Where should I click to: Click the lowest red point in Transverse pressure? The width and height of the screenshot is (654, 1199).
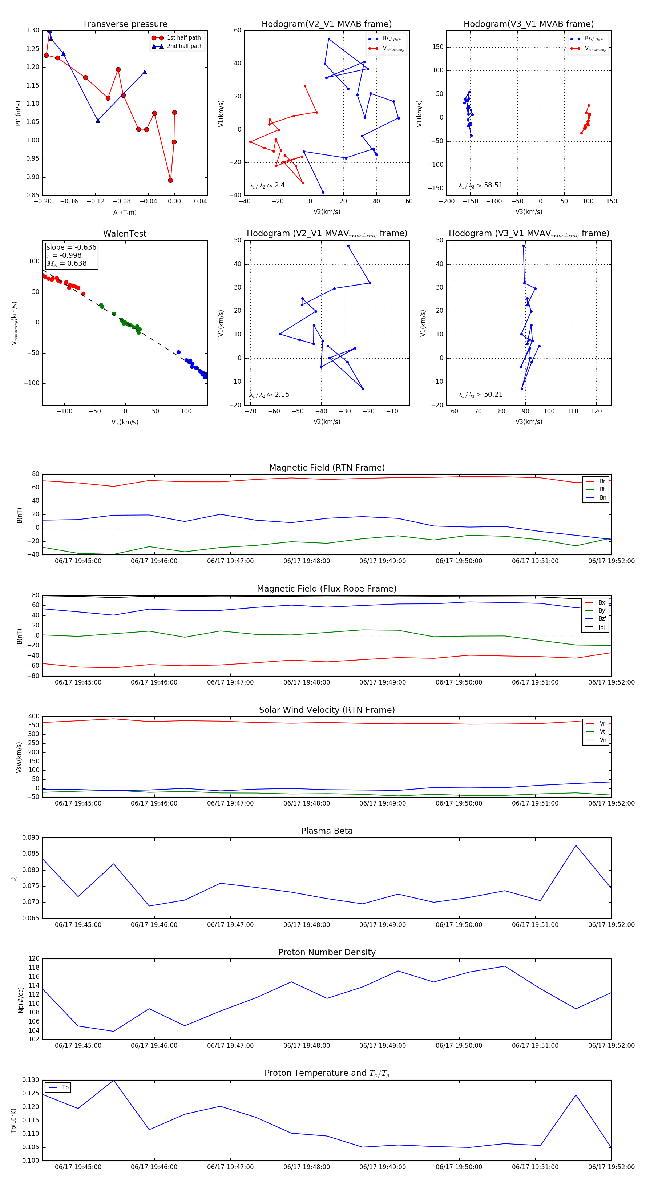(170, 180)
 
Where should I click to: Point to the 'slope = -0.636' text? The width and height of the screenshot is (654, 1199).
(71, 247)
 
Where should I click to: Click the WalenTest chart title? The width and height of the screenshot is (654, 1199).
(125, 234)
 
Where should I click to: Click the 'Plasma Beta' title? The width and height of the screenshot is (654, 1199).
(327, 831)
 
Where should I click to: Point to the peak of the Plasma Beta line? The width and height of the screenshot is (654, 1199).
(576, 845)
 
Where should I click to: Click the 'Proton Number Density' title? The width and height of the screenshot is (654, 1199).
(327, 952)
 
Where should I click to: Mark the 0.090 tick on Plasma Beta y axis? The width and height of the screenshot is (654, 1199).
(31, 838)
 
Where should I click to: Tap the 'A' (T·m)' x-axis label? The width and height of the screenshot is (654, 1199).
(125, 212)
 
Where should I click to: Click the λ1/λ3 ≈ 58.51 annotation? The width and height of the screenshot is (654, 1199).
(480, 185)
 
